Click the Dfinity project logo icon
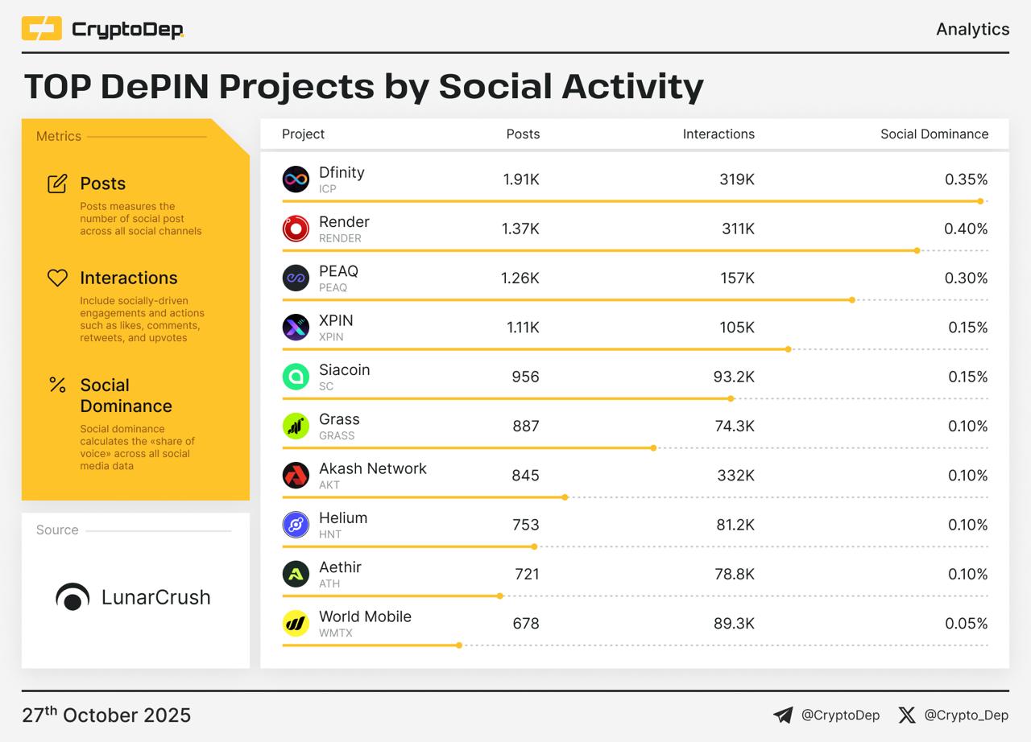tap(296, 179)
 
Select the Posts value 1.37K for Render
tap(520, 229)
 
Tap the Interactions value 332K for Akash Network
tap(736, 476)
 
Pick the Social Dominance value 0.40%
tap(966, 229)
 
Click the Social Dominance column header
tap(934, 134)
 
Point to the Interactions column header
tap(718, 134)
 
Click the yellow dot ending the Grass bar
tap(653, 447)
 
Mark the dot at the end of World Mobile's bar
tap(459, 645)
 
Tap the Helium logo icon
tap(296, 525)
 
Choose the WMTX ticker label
tap(336, 633)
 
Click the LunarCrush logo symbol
tap(72, 597)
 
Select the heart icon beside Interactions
tap(57, 278)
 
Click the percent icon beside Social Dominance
tap(57, 385)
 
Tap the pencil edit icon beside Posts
tap(57, 183)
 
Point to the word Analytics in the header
tap(972, 29)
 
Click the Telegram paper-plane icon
tap(783, 715)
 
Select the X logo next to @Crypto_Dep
tap(907, 715)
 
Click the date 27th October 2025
tap(106, 715)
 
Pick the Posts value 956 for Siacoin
tap(525, 377)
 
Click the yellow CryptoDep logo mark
tap(41, 29)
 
